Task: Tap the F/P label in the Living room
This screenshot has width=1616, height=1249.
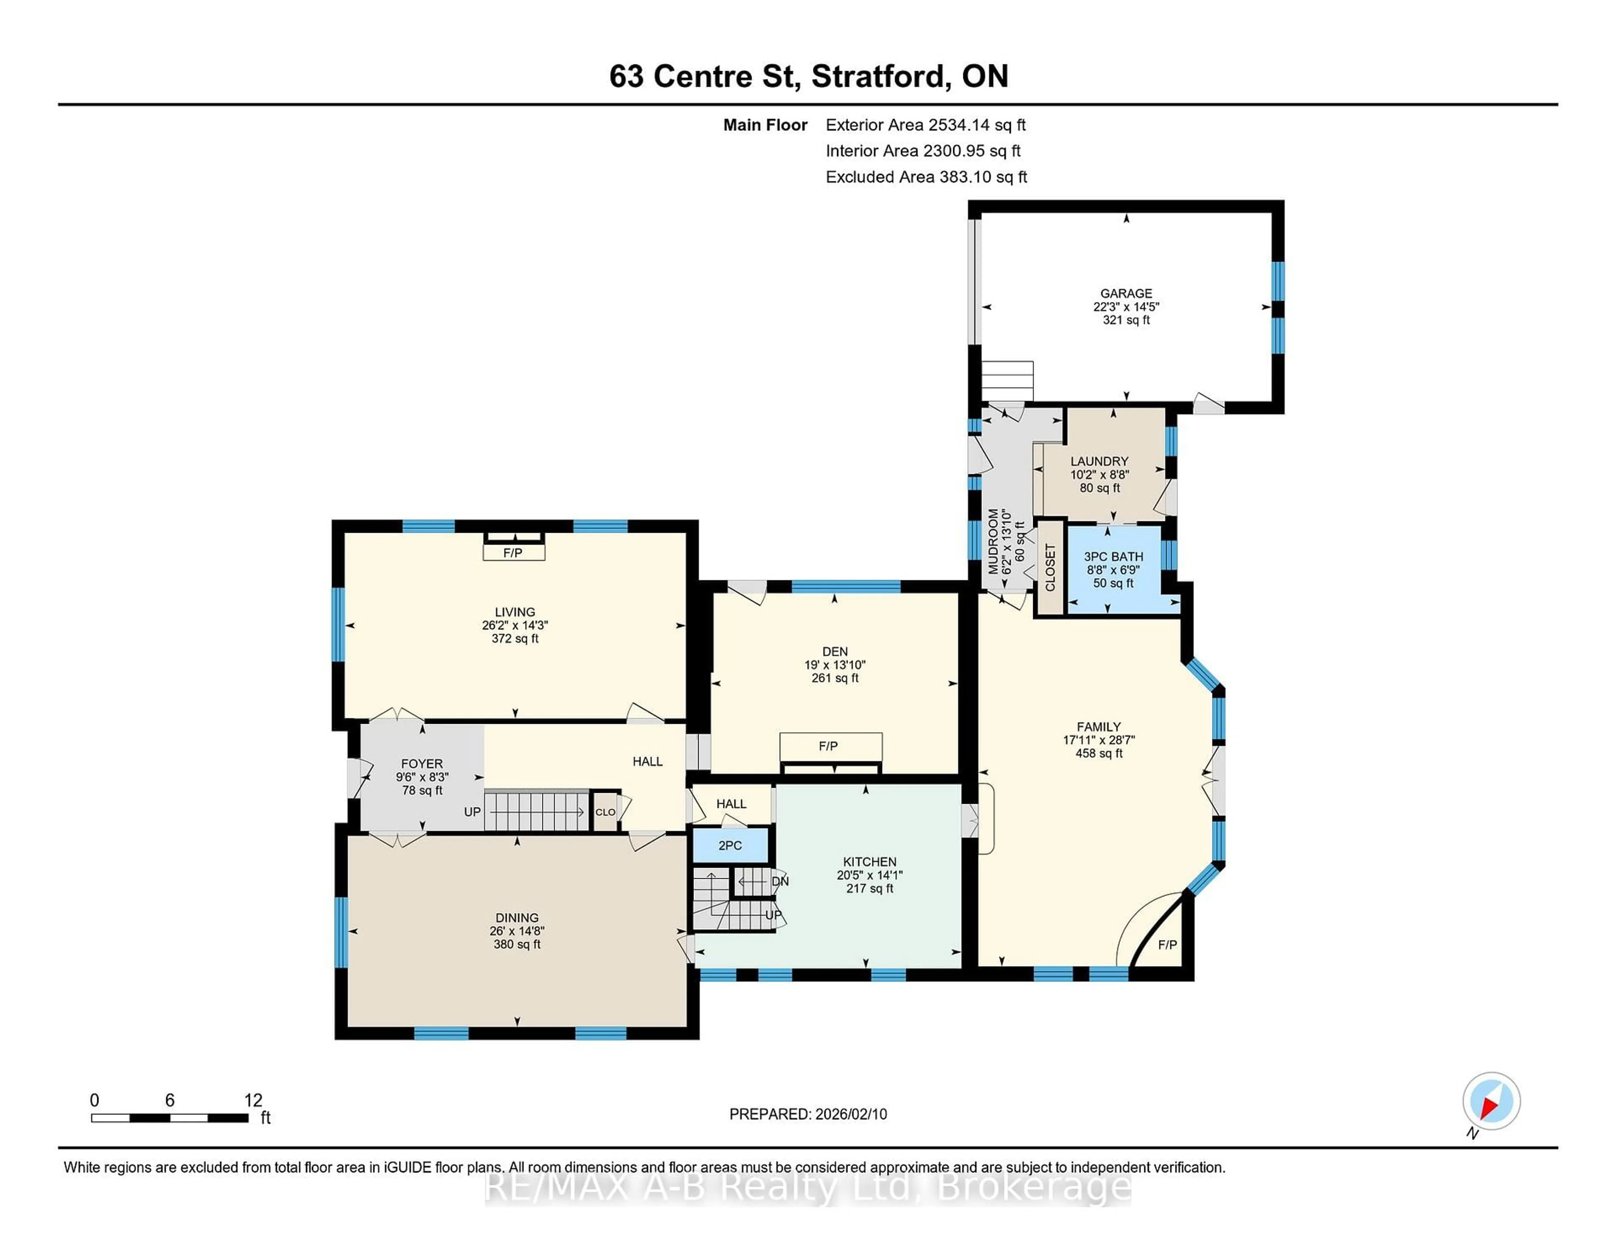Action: [513, 553]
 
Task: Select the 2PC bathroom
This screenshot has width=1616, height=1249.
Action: [730, 845]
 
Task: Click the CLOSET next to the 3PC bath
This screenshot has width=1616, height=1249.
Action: [1049, 568]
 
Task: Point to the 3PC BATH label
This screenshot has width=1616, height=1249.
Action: [1113, 556]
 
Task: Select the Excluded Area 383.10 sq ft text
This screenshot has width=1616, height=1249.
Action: [926, 177]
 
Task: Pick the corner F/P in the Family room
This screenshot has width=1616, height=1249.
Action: [1167, 945]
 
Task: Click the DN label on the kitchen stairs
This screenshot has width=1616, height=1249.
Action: [780, 881]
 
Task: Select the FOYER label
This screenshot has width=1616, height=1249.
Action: [422, 764]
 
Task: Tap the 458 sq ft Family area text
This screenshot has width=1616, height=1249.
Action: [1099, 753]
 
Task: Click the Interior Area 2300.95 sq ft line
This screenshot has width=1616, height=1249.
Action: [923, 151]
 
